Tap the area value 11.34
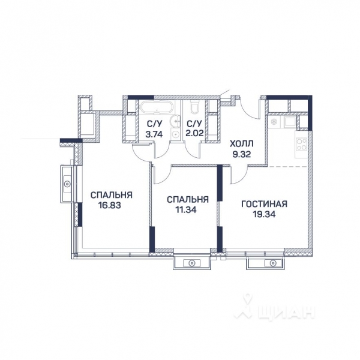pyautogui.click(x=188, y=210)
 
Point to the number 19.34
pyautogui.click(x=265, y=215)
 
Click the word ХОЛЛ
pyautogui.click(x=242, y=144)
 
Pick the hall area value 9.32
pyautogui.click(x=242, y=154)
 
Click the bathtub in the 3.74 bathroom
pyautogui.click(x=155, y=109)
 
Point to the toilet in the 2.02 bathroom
pyautogui.click(x=193, y=108)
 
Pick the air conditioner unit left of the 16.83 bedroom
pyautogui.click(x=68, y=180)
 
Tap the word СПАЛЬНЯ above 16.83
pyautogui.click(x=111, y=195)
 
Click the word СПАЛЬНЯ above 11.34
pyautogui.click(x=188, y=199)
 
